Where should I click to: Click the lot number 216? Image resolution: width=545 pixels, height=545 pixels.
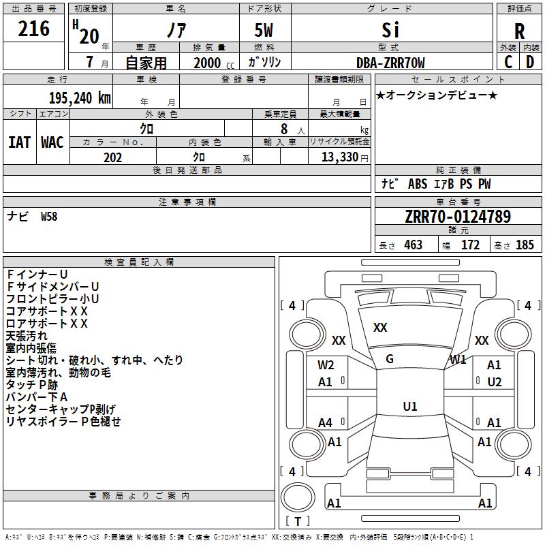[x=34, y=29]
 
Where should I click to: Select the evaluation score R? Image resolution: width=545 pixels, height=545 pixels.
[x=519, y=31]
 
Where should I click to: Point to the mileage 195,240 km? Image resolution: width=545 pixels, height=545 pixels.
[x=80, y=97]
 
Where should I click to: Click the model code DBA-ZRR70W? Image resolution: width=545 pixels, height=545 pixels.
[x=390, y=63]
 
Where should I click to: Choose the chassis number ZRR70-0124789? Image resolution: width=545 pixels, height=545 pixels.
[x=457, y=217]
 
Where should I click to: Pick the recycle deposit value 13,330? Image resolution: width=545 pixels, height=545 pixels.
[x=339, y=157]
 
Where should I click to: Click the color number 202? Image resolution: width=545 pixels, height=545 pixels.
[x=112, y=157]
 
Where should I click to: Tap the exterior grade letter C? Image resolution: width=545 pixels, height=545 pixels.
[x=508, y=62]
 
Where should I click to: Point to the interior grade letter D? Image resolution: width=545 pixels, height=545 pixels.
[x=530, y=62]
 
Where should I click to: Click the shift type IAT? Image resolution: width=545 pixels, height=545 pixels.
[x=20, y=142]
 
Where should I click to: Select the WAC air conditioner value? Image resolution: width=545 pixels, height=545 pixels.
[x=52, y=142]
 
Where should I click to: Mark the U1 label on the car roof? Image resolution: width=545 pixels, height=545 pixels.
[x=410, y=407]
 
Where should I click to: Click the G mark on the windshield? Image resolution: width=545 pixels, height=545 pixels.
[x=390, y=359]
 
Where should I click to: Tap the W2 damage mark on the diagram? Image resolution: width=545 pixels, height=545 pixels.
[x=326, y=365]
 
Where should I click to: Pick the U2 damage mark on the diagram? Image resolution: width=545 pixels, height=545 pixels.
[x=495, y=382]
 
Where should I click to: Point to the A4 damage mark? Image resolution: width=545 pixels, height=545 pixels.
[x=326, y=423]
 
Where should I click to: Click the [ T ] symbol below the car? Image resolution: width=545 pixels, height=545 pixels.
[x=298, y=522]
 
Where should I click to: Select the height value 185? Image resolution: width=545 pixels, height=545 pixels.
[x=525, y=245]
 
